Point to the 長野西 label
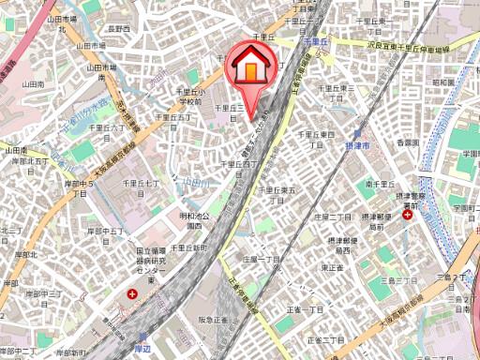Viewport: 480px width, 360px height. [117, 30]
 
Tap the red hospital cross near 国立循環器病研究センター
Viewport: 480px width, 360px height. [131, 294]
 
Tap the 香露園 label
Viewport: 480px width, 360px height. [405, 142]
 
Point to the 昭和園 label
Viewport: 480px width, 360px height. [442, 82]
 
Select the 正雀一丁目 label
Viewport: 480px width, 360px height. [302, 309]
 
